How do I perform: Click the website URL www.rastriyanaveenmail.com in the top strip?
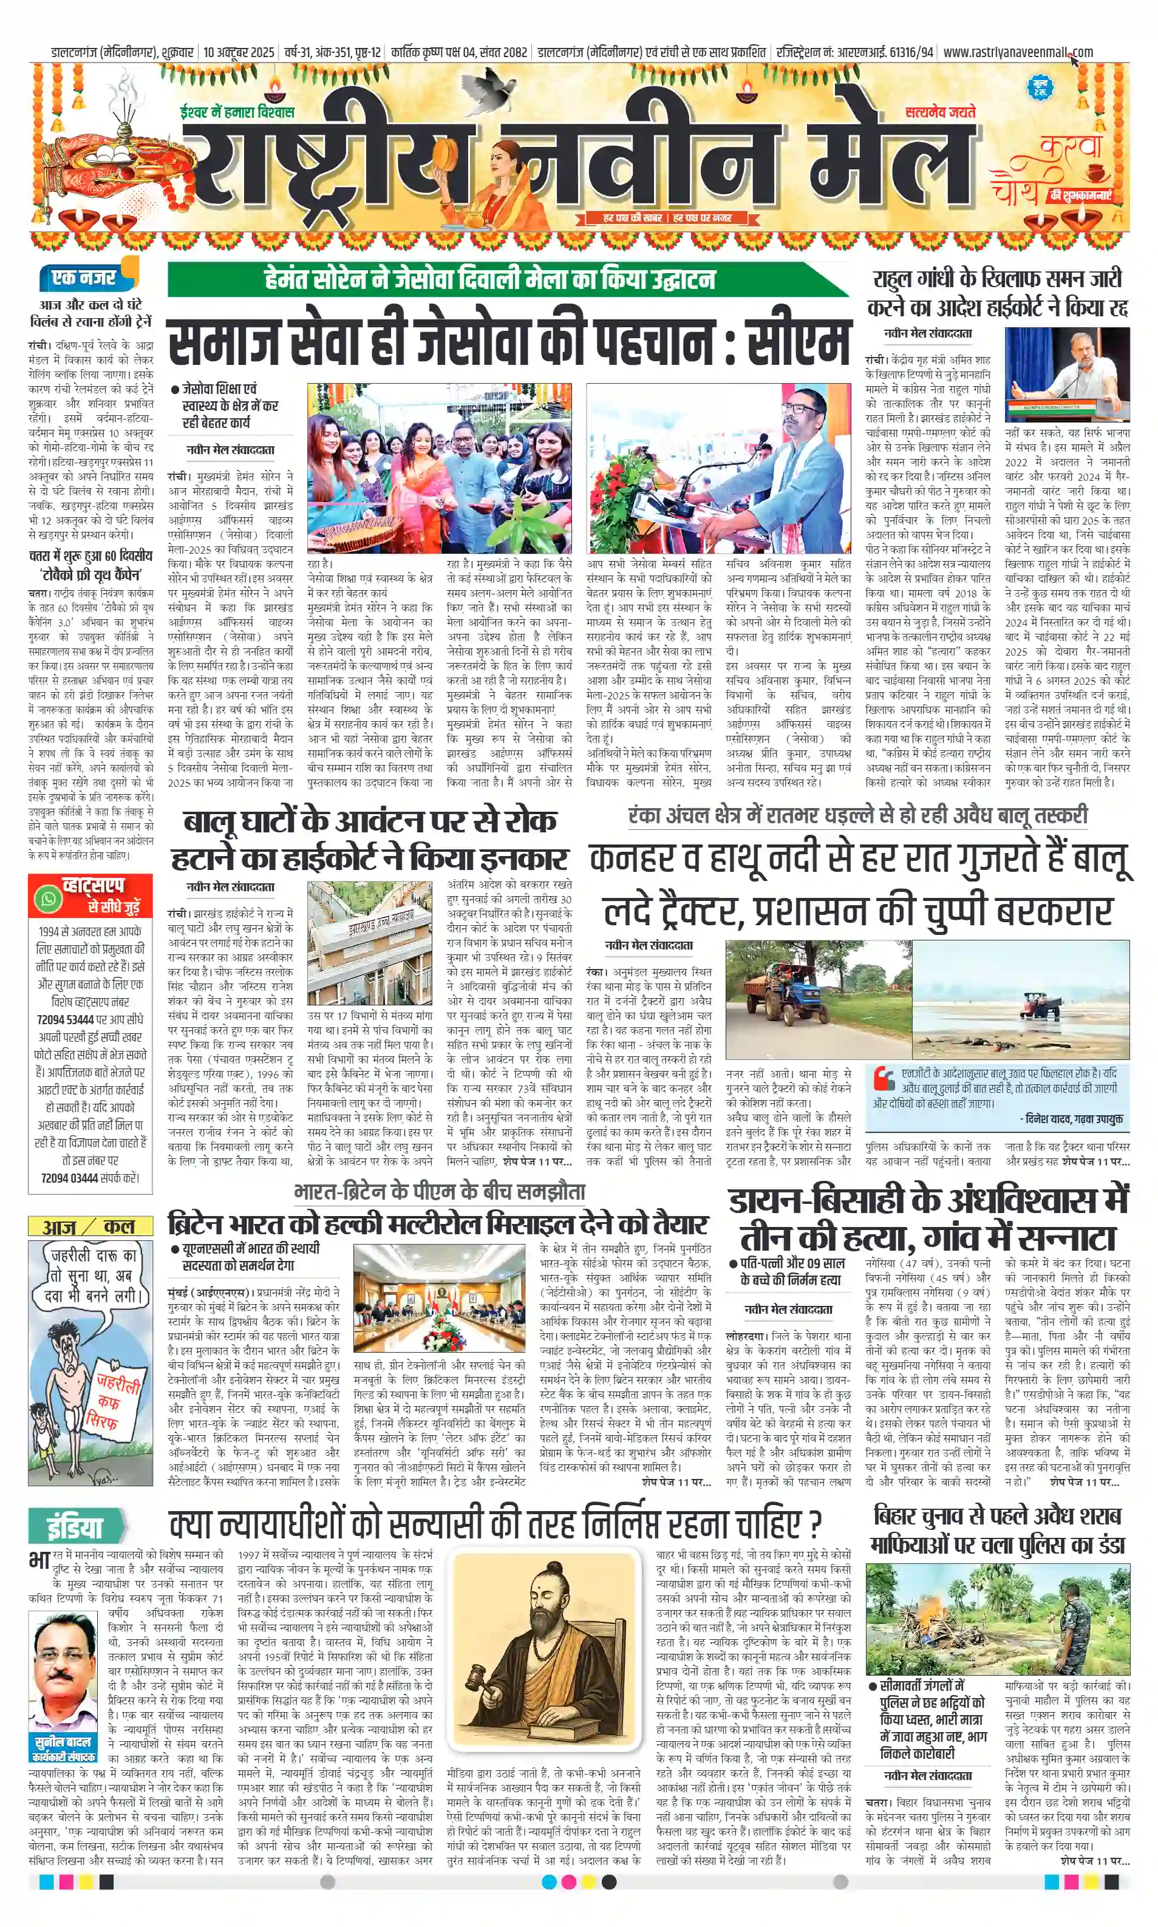[1018, 52]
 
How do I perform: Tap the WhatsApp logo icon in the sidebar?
[49, 899]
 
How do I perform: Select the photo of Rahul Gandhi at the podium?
[1067, 374]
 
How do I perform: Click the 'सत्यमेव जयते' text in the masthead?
[940, 112]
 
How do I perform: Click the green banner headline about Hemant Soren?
[490, 279]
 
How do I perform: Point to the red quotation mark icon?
[884, 1078]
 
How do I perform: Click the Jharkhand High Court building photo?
[369, 942]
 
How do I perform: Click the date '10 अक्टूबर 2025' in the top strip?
[239, 52]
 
